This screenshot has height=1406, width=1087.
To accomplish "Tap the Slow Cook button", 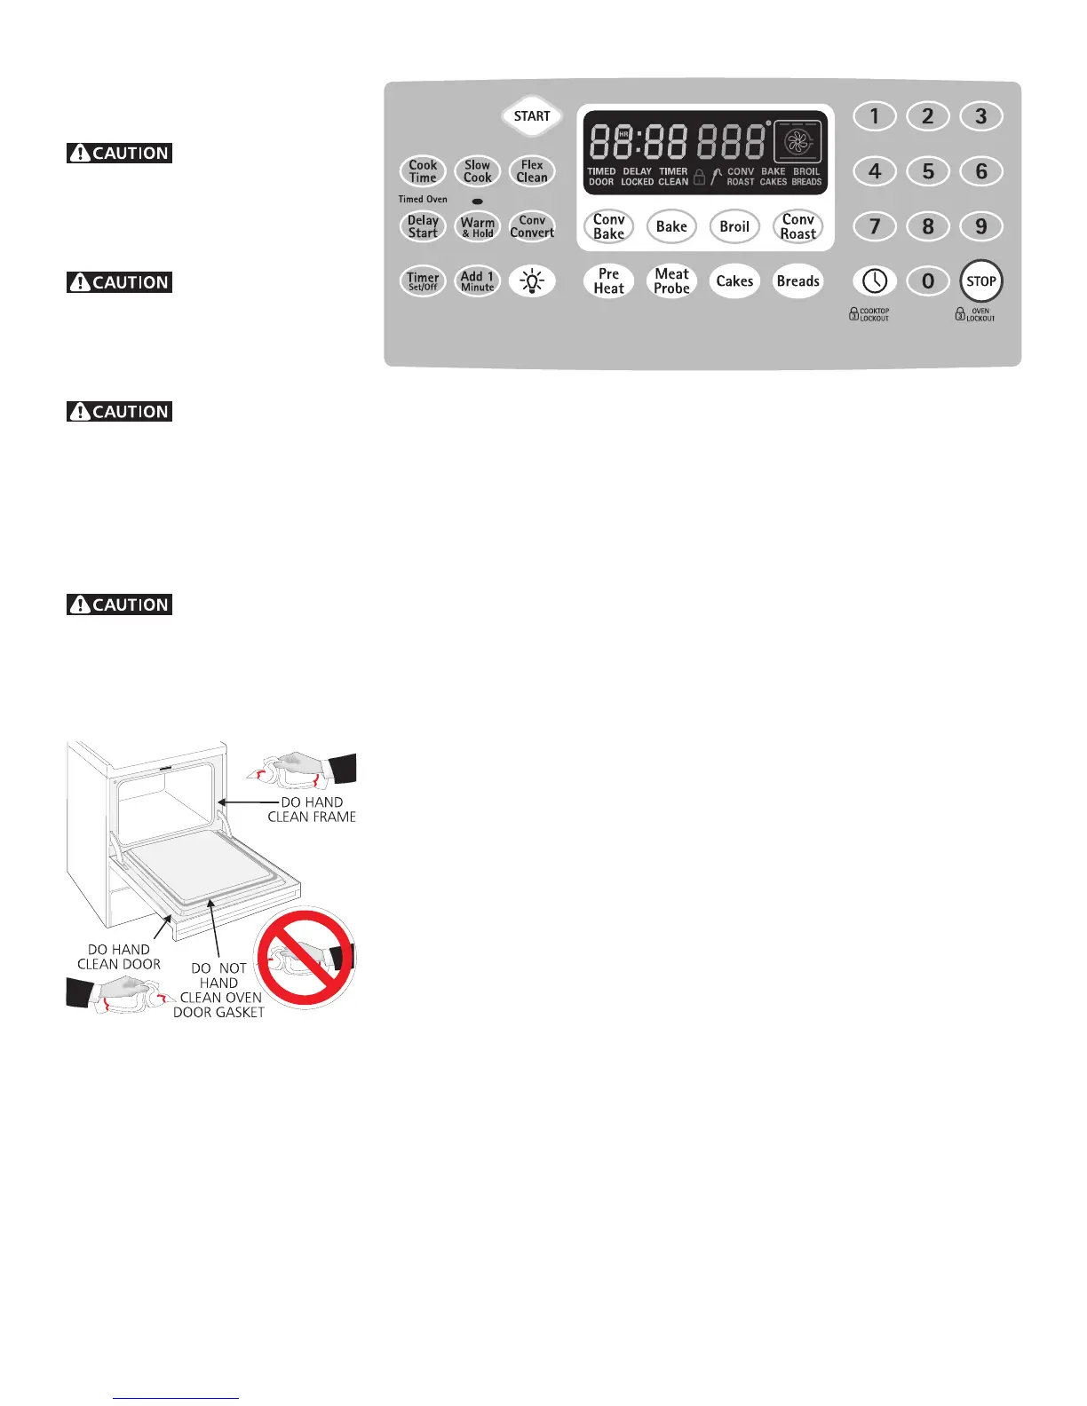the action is tap(477, 171).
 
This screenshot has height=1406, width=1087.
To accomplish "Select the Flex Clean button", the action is tap(532, 171).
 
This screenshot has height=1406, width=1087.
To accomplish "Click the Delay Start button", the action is tap(423, 226).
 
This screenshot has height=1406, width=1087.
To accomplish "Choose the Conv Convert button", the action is tap(532, 226).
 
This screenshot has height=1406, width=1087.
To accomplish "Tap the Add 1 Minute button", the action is tap(477, 281).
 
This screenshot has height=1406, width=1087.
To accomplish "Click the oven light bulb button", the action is tap(532, 281).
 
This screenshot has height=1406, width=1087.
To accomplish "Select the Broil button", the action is tap(734, 226).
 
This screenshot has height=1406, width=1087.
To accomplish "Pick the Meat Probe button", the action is tap(671, 281).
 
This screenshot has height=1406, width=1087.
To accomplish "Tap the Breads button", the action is tap(797, 281).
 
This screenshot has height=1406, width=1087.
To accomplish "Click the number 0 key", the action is tap(928, 281).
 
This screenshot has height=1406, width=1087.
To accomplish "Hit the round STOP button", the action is tap(980, 281).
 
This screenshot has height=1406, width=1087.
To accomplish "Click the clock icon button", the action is tap(875, 281).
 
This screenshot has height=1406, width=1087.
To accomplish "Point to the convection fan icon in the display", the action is tap(797, 142).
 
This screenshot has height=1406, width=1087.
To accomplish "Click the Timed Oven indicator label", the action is tap(423, 200).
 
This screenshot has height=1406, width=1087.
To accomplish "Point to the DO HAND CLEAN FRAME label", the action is tap(312, 810).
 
